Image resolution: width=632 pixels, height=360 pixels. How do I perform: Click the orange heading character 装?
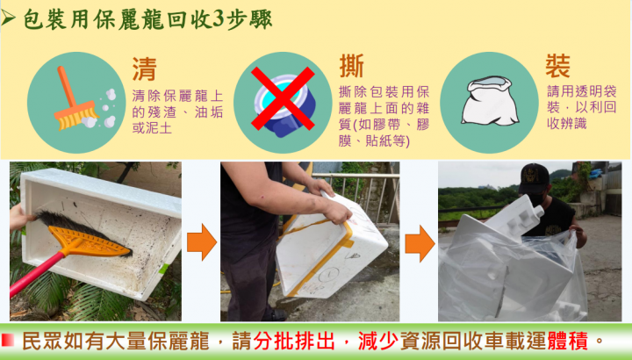pyautogui.click(x=558, y=67)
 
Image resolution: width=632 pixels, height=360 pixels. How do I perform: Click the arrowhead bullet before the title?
pyautogui.click(x=11, y=18)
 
